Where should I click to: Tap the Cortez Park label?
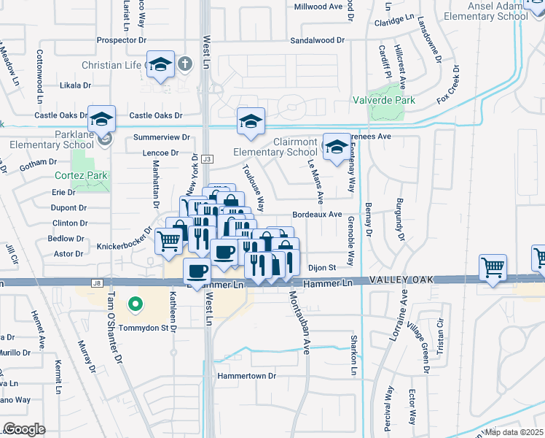[x=81, y=175]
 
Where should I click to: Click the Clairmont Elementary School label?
[x=275, y=147]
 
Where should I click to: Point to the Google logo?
[x=24, y=429]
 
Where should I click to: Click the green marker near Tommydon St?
[x=134, y=304]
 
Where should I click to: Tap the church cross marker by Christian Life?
[x=185, y=64]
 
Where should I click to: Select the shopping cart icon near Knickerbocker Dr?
[x=169, y=239]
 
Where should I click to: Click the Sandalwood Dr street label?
[x=316, y=42]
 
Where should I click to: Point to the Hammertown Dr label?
[x=248, y=376]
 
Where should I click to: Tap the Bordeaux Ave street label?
[x=317, y=215]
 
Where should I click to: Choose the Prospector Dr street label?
[x=117, y=40]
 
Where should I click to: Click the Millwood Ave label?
[x=318, y=6]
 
